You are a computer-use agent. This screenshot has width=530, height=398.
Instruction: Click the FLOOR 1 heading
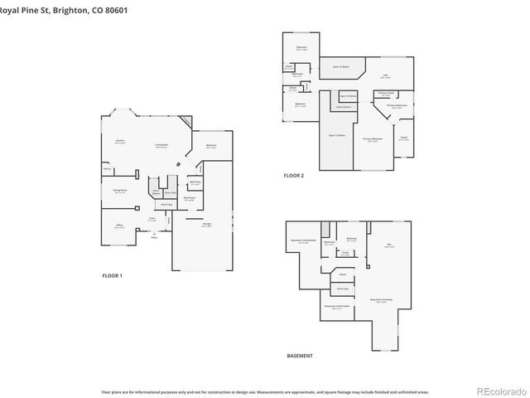coord(112,275)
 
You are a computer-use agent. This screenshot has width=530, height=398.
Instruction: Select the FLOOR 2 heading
coord(294,176)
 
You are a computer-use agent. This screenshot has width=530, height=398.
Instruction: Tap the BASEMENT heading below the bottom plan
coord(300,356)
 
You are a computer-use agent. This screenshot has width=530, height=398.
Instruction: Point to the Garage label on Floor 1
coord(205,225)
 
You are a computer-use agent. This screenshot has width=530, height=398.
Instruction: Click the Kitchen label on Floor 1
coord(120,141)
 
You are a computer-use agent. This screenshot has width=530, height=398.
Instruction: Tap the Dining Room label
coord(120,191)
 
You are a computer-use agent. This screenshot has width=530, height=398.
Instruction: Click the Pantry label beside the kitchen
coord(107,168)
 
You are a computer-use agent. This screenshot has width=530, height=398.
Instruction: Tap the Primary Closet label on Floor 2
coord(385,93)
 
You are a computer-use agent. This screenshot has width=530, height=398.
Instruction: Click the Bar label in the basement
coord(389,245)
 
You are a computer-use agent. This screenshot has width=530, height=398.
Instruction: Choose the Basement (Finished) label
coord(381,301)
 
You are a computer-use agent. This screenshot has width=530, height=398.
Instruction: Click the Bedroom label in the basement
coord(351,238)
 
